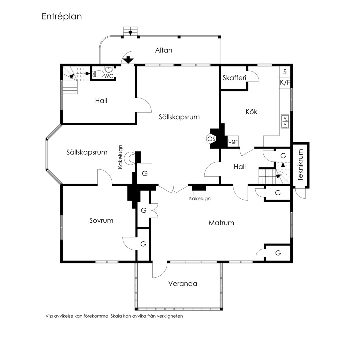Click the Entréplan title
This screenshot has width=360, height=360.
coord(62,17)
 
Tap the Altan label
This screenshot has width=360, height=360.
coord(164,50)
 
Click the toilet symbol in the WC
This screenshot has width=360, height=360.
coord(98,74)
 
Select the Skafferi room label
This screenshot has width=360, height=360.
coord(234,78)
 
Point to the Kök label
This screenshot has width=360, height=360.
coord(251,112)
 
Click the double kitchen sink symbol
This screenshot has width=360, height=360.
coord(285,121)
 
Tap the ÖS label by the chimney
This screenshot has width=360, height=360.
coord(211,139)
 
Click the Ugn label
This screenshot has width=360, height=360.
coord(233,141)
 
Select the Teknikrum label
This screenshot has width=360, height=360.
coord(300,165)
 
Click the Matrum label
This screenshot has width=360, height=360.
coord(221,223)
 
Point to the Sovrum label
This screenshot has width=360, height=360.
coord(101,220)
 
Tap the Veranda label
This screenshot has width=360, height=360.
coord(183,284)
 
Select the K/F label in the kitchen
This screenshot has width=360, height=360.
coord(285,82)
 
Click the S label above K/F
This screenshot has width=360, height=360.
coord(285,72)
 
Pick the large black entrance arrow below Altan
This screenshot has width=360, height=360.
coord(128,60)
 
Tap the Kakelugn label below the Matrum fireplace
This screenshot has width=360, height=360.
coord(200,199)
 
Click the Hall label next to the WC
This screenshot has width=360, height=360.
coord(101,101)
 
